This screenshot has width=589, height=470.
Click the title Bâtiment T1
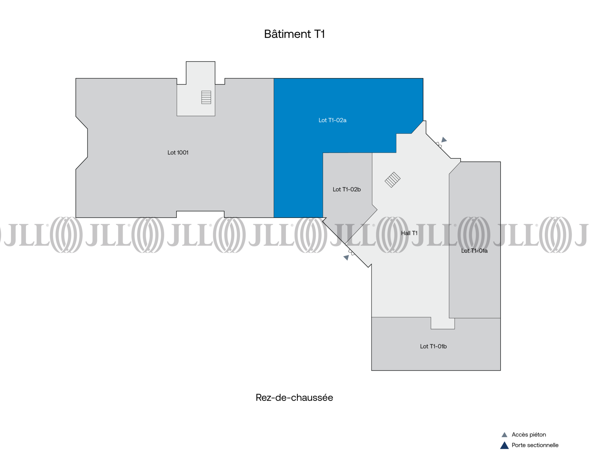[x=294, y=34]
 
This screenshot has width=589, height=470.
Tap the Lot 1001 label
[x=178, y=153]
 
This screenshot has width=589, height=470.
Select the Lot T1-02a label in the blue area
[x=332, y=120]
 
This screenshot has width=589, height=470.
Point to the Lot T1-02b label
[x=347, y=189]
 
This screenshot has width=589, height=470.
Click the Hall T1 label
[x=409, y=233]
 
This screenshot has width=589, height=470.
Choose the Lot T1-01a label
[x=474, y=251]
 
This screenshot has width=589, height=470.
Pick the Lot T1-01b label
[x=433, y=346]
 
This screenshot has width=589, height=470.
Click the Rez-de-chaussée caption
[x=294, y=398]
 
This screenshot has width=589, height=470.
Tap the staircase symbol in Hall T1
[x=393, y=180]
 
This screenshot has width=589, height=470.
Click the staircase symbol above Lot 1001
[x=206, y=97]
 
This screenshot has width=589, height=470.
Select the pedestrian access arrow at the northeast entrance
[x=444, y=140]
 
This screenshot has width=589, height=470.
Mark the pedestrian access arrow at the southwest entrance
[x=346, y=258]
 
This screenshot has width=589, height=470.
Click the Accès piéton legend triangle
[x=504, y=435]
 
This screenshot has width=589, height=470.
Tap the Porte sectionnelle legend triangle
[x=504, y=445]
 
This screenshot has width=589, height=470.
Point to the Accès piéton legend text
[x=529, y=435]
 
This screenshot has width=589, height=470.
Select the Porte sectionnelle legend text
[x=535, y=445]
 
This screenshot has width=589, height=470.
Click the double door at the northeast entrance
[x=439, y=145]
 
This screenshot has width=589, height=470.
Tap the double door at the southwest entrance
[x=352, y=252]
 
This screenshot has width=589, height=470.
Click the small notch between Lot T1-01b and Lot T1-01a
[x=443, y=323]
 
